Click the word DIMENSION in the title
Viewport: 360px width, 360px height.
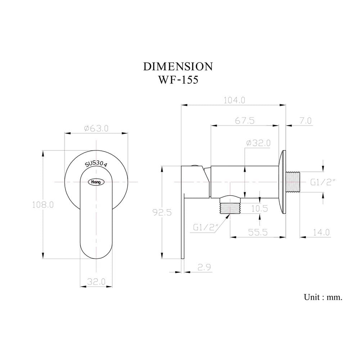(178, 67)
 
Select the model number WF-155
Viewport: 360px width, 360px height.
(178, 80)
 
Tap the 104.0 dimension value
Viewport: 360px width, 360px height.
(234, 100)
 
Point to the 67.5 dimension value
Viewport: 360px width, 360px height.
(245, 121)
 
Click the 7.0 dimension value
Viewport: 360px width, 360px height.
(306, 121)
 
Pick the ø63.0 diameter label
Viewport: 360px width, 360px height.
(96, 129)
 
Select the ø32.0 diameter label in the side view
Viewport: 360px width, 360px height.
(258, 143)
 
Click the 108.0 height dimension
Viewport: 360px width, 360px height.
(43, 204)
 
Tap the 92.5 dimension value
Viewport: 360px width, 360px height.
(162, 213)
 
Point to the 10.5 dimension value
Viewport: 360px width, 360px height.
(260, 209)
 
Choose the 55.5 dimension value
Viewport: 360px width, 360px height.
(258, 232)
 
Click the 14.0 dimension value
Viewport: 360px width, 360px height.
(321, 232)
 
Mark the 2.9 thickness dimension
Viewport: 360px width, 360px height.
(204, 267)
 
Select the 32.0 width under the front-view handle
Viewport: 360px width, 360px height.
(96, 282)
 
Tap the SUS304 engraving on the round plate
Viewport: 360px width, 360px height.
(96, 163)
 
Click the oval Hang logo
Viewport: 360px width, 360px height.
(96, 182)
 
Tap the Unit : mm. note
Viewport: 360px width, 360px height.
(323, 297)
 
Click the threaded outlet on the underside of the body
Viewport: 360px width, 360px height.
(230, 208)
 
